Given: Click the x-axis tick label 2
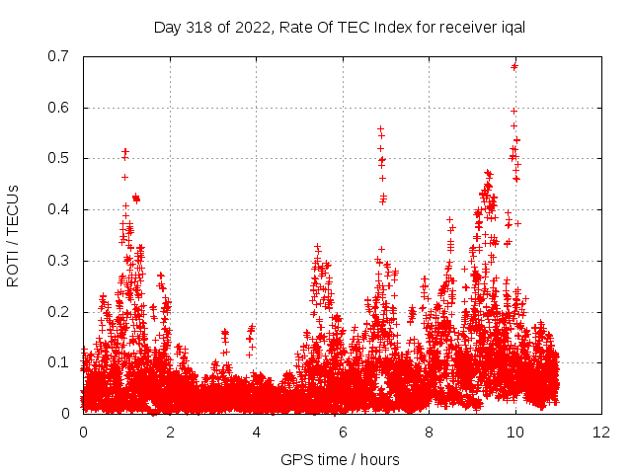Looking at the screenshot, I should point(170,433).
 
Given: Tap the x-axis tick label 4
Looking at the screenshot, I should point(256,433).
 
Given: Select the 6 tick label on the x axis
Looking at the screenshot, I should point(343,433).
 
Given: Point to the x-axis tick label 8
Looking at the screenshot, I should point(429,433).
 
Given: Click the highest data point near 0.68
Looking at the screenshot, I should point(514,66).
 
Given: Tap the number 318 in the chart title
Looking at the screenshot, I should point(197,27).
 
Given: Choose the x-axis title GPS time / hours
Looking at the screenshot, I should point(342,459).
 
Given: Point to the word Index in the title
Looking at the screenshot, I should point(382,27).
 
